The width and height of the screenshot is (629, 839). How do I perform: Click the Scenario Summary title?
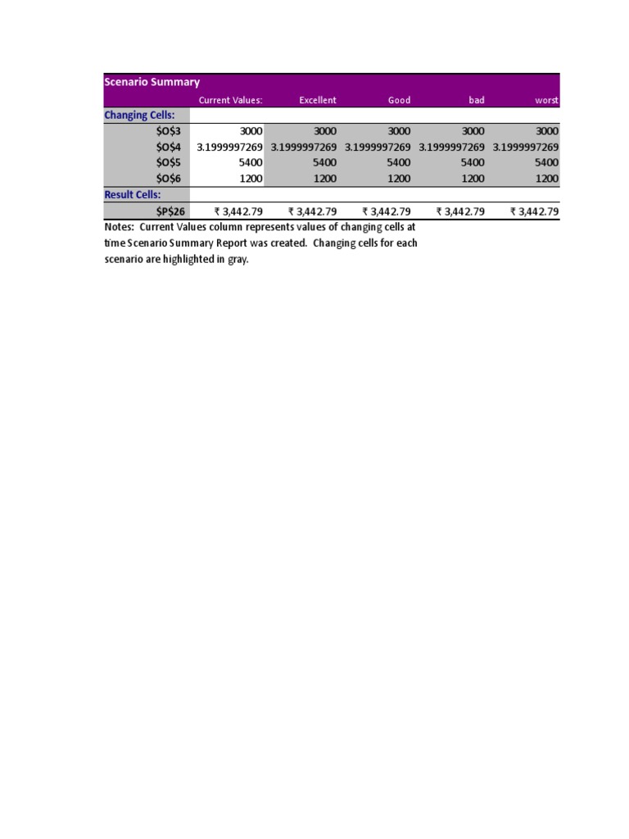pyautogui.click(x=152, y=82)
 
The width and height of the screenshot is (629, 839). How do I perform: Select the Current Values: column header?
pyautogui.click(x=230, y=100)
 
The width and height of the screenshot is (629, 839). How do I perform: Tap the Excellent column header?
pyautogui.click(x=317, y=100)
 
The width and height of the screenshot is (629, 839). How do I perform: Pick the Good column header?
pyautogui.click(x=399, y=100)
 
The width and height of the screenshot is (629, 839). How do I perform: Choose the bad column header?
pyautogui.click(x=476, y=100)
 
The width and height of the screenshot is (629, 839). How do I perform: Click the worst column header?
pyautogui.click(x=546, y=100)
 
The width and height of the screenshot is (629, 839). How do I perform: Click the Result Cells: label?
pyautogui.click(x=133, y=194)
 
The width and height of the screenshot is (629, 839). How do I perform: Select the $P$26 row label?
pyautogui.click(x=170, y=211)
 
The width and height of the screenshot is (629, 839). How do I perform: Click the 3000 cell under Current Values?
pyautogui.click(x=251, y=131)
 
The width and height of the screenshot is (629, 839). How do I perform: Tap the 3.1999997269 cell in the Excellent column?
pyautogui.click(x=304, y=147)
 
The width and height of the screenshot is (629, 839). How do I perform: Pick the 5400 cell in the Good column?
pyautogui.click(x=399, y=162)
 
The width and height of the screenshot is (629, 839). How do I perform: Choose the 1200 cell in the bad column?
pyautogui.click(x=473, y=178)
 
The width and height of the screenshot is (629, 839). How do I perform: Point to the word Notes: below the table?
pyautogui.click(x=120, y=227)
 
